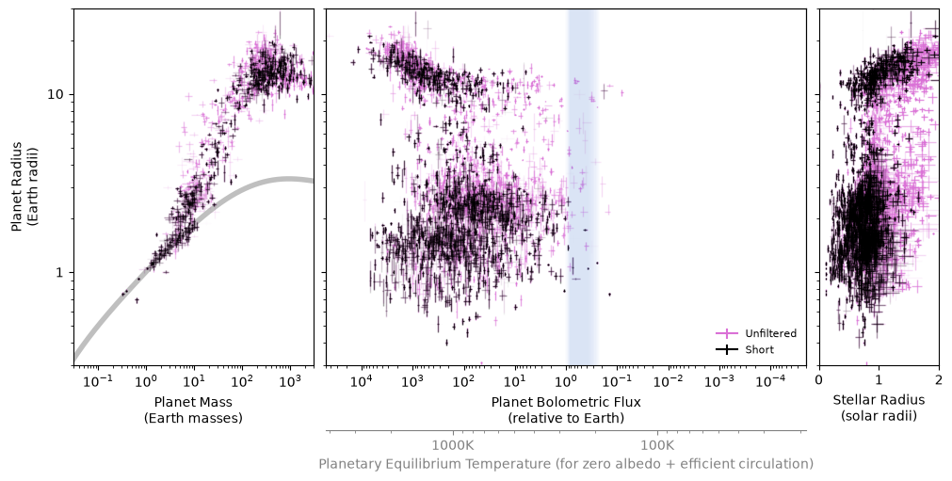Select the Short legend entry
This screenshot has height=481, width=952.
[745, 349]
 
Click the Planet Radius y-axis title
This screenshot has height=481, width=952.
[24, 186]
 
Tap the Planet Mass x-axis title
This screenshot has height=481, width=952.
[193, 409]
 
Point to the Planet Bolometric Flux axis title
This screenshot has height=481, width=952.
[566, 409]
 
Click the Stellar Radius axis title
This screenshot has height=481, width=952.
[879, 408]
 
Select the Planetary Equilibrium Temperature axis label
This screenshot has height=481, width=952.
[566, 464]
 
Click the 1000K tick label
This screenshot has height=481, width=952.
[453, 445]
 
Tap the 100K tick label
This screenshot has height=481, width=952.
[657, 445]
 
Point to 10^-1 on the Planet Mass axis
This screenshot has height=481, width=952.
[98, 381]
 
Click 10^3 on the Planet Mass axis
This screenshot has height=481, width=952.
[290, 381]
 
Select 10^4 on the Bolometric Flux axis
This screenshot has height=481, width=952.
[362, 381]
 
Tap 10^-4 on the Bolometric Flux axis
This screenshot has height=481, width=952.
[771, 381]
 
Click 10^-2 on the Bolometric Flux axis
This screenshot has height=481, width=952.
[670, 381]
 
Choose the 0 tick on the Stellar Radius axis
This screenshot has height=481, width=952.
[819, 380]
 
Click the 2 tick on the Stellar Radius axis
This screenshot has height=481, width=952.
[939, 380]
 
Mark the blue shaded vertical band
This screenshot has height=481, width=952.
[582, 186]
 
